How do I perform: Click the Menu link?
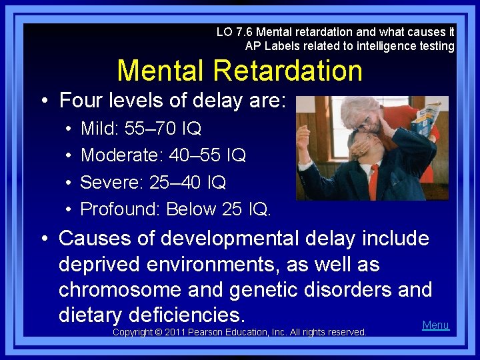(435, 325)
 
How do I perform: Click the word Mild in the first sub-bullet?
(97, 128)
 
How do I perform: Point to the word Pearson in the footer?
(212, 332)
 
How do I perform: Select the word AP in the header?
(253, 46)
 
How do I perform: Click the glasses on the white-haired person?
(365, 118)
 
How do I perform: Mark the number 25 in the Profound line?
(231, 209)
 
